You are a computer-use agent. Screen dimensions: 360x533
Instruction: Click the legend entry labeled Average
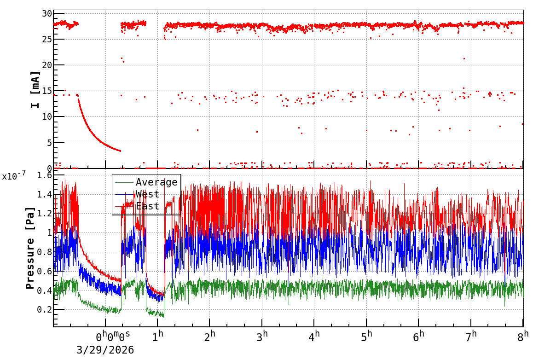pos(156,182)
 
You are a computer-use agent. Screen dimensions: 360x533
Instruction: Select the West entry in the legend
pos(147,194)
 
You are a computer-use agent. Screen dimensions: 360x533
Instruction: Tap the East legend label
pos(147,206)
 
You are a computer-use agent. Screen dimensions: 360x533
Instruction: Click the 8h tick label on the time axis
pos(523,337)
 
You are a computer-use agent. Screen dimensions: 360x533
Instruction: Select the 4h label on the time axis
pos(314,337)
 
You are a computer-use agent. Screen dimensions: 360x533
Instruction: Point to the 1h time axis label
pos(158,337)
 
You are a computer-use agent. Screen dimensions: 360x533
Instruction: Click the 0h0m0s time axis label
pos(113,337)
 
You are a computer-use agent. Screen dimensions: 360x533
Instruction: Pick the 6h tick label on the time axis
pos(419,337)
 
